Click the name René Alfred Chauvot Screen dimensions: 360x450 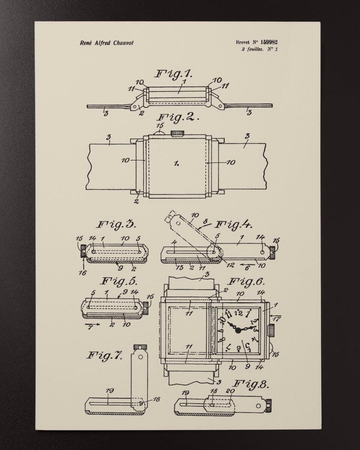[106, 43]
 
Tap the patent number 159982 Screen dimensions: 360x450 [269, 42]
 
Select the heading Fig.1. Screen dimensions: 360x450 [173, 74]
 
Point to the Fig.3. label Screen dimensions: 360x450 [117, 224]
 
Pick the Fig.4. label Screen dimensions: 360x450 [234, 225]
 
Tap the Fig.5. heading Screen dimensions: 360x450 [119, 281]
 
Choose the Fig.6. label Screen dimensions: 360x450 [246, 282]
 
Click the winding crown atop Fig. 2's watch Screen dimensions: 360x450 [178, 133]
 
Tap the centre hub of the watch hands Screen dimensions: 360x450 [238, 331]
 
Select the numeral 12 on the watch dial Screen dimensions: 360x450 [238, 313]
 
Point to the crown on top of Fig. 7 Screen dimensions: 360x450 [140, 347]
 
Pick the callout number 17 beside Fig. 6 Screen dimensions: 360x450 [276, 319]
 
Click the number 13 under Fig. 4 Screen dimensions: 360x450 [180, 268]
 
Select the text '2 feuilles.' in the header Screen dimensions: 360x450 [252, 50]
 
